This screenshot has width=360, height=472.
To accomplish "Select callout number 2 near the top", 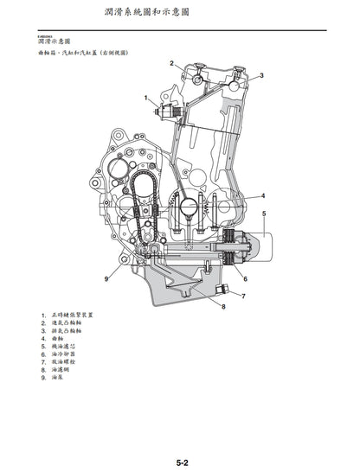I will click(171, 63).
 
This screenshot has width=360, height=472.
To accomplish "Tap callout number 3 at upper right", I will click(262, 75).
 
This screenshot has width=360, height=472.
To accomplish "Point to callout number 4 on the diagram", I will click(263, 196).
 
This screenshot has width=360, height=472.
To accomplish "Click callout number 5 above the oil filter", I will click(264, 213).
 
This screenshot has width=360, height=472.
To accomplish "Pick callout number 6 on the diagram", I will click(246, 278).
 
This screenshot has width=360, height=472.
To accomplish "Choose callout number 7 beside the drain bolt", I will click(242, 297).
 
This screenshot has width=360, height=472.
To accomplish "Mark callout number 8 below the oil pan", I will click(223, 307).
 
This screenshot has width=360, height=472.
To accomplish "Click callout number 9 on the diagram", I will click(106, 278).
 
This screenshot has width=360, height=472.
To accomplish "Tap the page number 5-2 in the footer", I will click(183, 462).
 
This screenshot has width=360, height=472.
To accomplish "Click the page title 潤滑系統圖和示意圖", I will click(179, 15).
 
